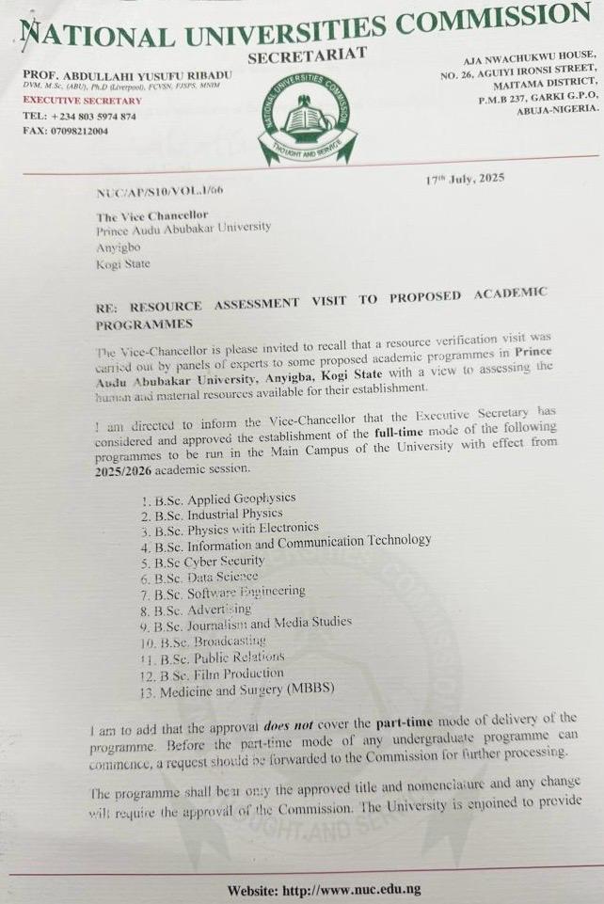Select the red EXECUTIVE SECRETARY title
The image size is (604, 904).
click(83, 101)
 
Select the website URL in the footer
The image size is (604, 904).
click(324, 889)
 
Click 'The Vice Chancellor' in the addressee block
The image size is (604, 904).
click(151, 214)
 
